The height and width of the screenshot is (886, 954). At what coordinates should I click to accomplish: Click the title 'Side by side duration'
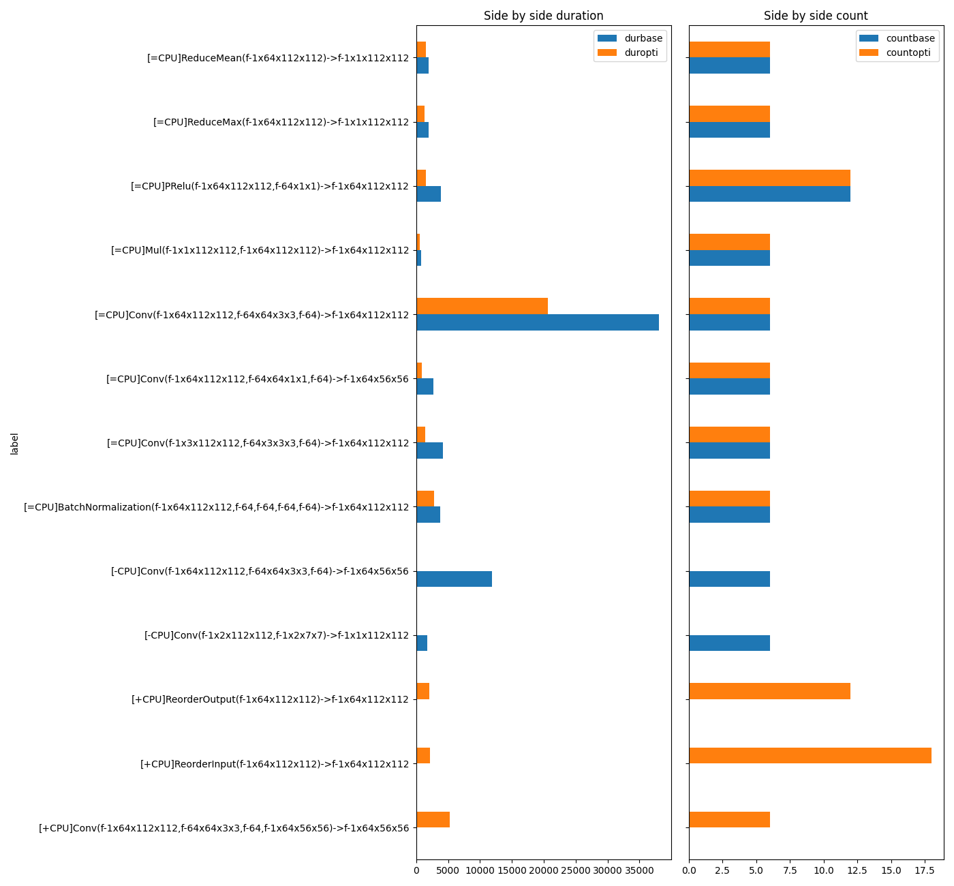point(543,16)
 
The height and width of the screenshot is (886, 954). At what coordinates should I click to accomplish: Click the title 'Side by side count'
point(816,16)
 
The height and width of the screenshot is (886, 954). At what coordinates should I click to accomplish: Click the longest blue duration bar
point(538,322)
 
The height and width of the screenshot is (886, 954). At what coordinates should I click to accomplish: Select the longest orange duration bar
point(482,306)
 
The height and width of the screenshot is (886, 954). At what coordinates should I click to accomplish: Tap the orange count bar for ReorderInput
point(810,755)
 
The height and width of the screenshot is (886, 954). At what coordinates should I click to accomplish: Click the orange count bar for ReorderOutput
point(769,691)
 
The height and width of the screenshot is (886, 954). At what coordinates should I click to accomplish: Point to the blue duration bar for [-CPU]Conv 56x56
point(454,579)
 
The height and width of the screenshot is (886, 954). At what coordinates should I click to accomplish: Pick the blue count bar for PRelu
point(769,194)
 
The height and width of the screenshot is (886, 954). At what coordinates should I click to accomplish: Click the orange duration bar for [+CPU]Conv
point(433,819)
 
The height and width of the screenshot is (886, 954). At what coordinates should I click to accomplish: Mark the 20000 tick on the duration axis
point(544,870)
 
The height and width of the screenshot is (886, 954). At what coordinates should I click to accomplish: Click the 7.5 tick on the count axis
point(790,870)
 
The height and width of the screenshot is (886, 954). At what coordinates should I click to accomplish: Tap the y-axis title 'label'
point(14,443)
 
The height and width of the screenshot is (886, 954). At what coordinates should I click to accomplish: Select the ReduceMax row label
point(281,123)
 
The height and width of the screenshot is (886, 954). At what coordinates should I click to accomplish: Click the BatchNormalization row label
point(216,507)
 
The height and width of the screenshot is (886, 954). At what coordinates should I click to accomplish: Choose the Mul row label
point(260,251)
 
